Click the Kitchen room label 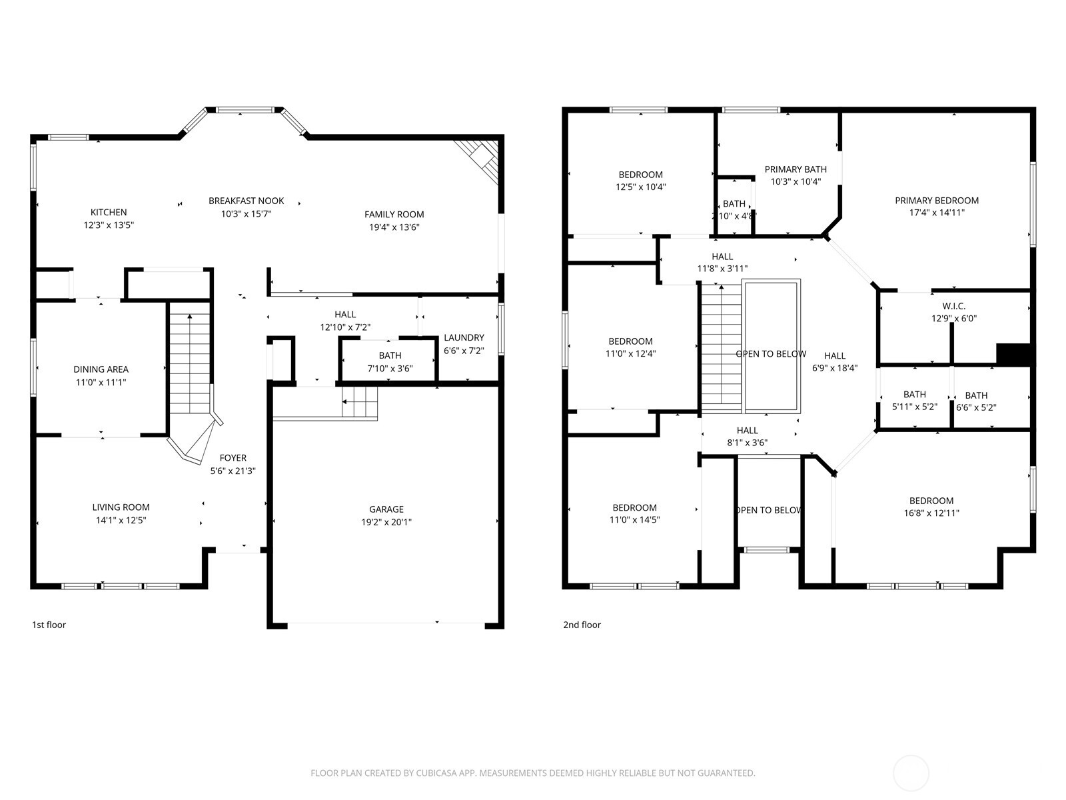point(109,213)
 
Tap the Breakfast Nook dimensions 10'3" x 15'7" point(246,214)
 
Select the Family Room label point(394,215)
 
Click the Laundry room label point(464,338)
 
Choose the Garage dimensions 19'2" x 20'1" point(386,522)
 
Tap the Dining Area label point(101,369)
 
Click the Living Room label point(121,507)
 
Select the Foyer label point(233,458)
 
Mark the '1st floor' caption point(49,625)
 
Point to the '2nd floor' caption point(582,625)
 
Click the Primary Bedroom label point(936,201)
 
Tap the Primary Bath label point(795,169)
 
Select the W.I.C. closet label point(953,306)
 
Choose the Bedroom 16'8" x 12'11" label point(931,501)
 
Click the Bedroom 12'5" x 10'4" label point(640,175)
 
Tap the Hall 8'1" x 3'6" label point(747,431)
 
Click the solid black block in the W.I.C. point(1013,355)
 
